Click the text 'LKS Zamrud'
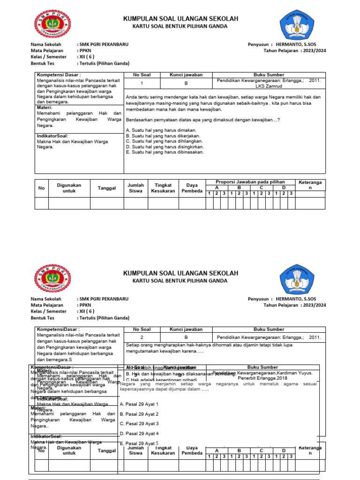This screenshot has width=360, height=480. click(269, 86)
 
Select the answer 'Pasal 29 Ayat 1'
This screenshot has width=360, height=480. click(139, 404)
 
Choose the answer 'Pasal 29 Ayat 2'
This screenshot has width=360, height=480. click(139, 414)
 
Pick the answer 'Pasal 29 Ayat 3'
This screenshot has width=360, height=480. click(139, 424)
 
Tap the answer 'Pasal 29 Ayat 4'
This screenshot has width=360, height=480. click(139, 434)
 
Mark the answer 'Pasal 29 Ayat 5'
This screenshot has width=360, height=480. click(139, 443)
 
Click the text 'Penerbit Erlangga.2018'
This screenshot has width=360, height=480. click(263, 378)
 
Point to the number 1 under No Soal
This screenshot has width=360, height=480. click(142, 83)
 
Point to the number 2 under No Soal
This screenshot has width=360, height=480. click(142, 337)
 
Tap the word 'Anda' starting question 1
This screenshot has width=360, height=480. click(132, 97)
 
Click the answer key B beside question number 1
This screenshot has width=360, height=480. click(186, 83)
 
